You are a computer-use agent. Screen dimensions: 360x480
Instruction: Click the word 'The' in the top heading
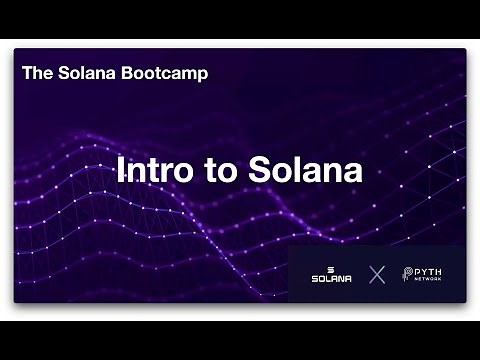point(35,73)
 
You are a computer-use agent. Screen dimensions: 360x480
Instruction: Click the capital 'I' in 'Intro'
point(121,170)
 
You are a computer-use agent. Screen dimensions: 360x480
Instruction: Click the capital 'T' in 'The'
point(27,73)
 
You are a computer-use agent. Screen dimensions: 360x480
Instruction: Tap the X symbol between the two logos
point(377,274)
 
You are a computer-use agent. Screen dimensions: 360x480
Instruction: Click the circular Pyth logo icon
point(408,274)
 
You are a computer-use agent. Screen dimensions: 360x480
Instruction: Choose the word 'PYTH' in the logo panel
point(431,270)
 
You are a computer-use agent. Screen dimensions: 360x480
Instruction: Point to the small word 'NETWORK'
point(431,280)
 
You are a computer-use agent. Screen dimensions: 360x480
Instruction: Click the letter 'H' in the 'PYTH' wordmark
point(441,270)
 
